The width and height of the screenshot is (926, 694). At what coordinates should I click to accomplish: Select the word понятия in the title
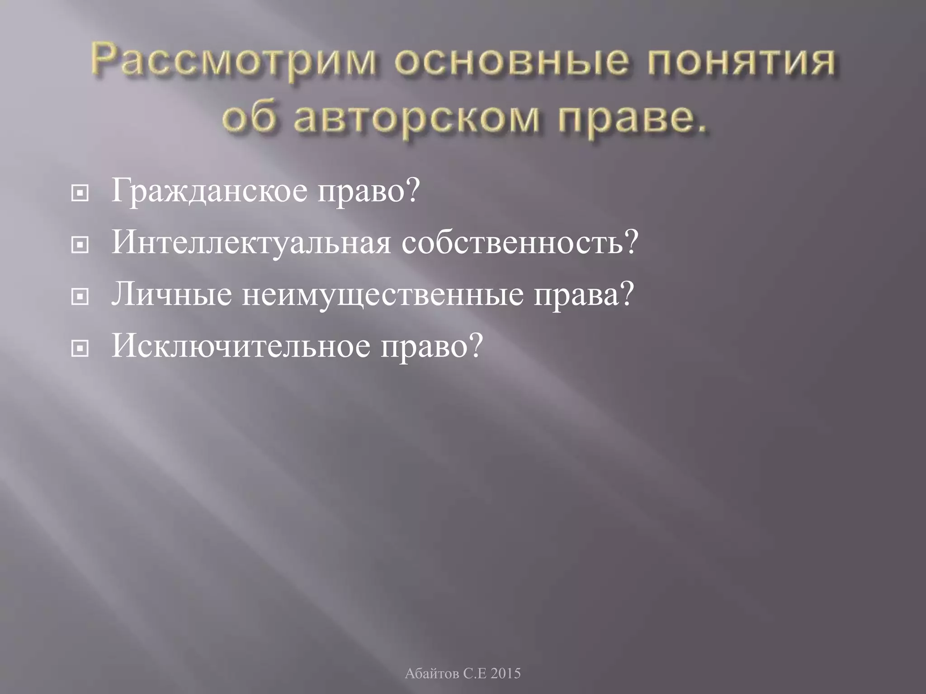pos(741,62)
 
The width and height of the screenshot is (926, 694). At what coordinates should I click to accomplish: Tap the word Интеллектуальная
pos(251,243)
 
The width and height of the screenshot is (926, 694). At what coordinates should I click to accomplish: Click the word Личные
pos(172,295)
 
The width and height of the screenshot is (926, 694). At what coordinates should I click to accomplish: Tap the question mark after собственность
pos(631,243)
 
